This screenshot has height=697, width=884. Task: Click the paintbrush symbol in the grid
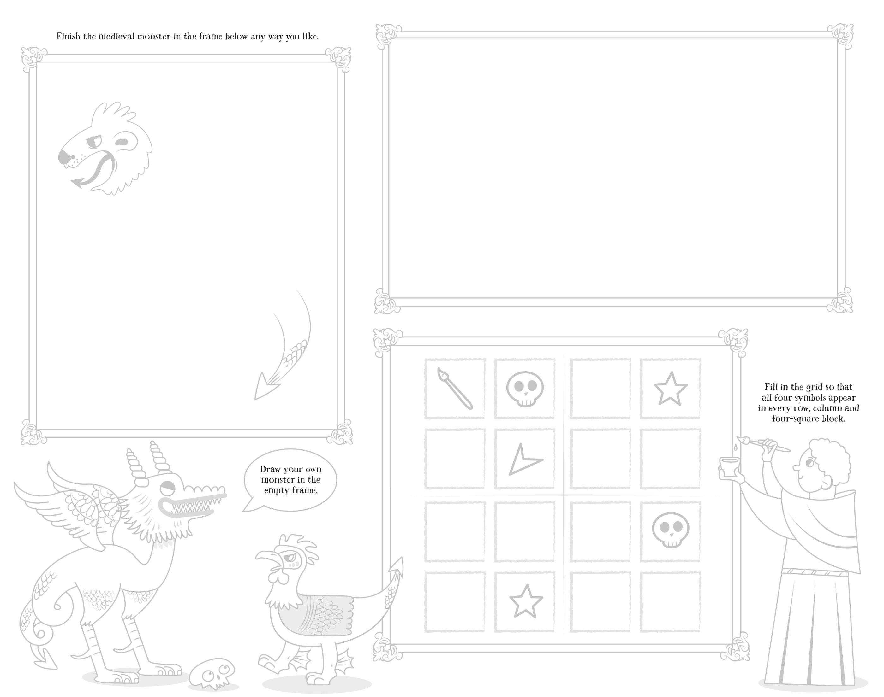[x=455, y=389]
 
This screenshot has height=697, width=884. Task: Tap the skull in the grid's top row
[x=525, y=389]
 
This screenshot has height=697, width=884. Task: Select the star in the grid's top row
[x=670, y=389]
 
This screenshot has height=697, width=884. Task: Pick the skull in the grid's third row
[x=670, y=530]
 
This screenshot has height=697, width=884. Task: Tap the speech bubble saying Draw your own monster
[x=290, y=480]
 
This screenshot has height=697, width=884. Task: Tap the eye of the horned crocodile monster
[x=167, y=487]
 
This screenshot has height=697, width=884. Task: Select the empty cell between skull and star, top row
[x=600, y=389]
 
